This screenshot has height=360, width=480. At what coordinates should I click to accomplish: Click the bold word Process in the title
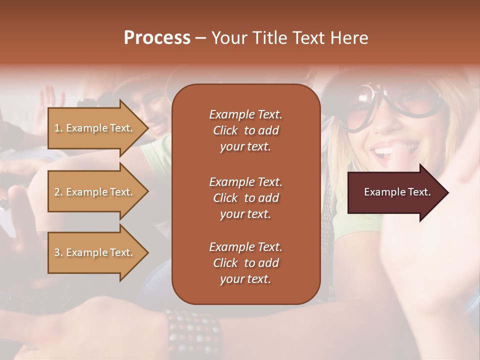click(x=157, y=38)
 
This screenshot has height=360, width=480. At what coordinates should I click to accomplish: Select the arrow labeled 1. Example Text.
click(x=95, y=128)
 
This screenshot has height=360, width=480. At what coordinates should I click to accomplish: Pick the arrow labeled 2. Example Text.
click(x=95, y=192)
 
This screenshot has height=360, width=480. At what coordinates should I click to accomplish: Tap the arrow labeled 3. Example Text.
click(x=95, y=252)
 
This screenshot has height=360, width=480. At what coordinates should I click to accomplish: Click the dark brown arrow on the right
click(x=395, y=192)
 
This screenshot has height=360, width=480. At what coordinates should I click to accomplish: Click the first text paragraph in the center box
click(x=245, y=130)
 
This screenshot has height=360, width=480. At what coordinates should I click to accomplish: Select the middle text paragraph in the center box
click(x=245, y=197)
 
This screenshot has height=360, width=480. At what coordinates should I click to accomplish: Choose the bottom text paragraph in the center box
click(x=245, y=263)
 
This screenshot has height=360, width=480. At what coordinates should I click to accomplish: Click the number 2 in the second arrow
click(x=56, y=192)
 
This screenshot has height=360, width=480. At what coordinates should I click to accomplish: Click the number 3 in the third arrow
click(x=56, y=252)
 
